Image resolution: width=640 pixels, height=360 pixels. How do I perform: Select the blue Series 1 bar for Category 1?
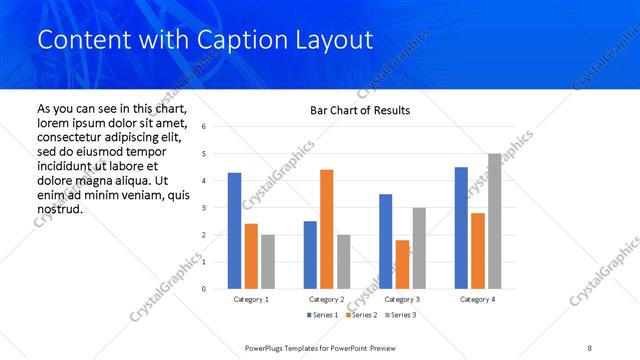coord(234,231)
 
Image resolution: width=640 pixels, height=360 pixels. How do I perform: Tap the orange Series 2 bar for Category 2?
coord(326,229)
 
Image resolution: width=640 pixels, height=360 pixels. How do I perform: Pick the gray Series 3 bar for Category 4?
coord(494,221)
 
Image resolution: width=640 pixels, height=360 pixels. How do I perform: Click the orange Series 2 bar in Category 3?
coord(402,264)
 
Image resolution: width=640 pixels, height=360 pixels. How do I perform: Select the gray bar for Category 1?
coord(268,262)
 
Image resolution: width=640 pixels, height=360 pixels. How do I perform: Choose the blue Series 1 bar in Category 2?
coord(310,255)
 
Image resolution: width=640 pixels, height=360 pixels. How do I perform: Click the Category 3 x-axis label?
coord(402,299)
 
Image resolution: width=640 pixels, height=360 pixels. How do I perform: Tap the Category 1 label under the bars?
coord(251,299)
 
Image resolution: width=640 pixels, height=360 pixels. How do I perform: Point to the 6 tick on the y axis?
coord(204,127)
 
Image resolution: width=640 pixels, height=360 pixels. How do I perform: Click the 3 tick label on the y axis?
coord(204,208)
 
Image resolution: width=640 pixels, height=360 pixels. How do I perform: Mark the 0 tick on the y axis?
coord(204,289)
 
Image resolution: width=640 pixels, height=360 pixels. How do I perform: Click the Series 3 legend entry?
coord(401,315)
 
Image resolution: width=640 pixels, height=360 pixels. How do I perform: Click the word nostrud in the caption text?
coord(59,209)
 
